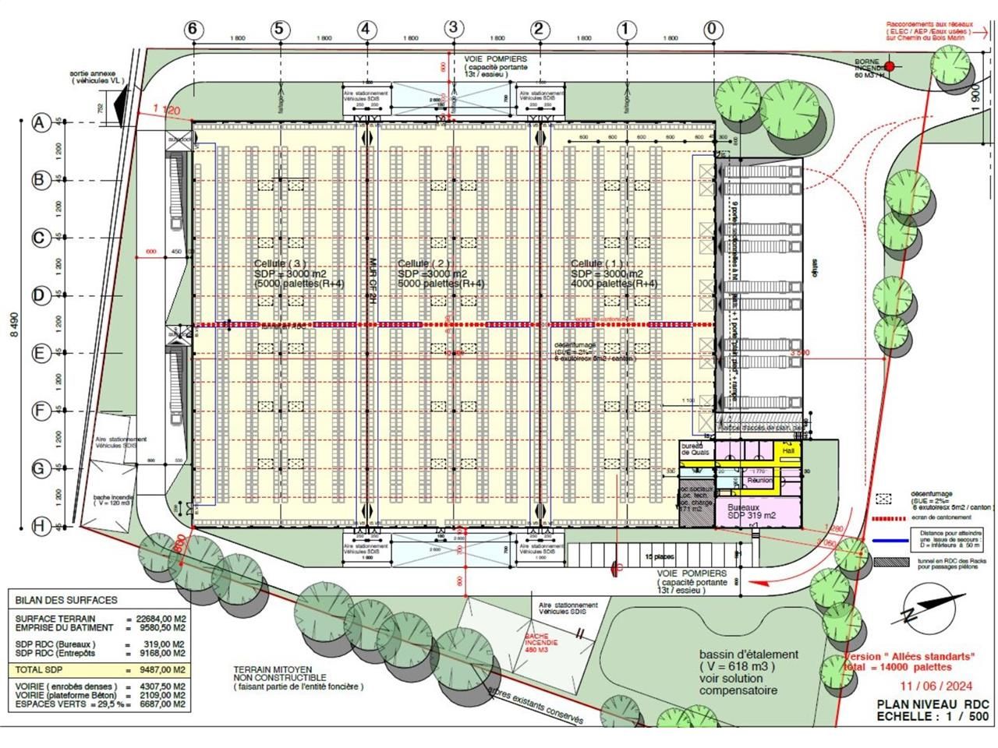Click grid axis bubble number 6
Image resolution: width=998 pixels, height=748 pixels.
pyautogui.click(x=194, y=30)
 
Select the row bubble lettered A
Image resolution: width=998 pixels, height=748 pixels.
pyautogui.click(x=41, y=122)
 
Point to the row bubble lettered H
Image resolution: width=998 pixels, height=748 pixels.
pyautogui.click(x=41, y=526)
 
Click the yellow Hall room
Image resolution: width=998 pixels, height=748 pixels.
pyautogui.click(x=787, y=450)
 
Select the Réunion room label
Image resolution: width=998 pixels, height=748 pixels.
pyautogui.click(x=759, y=481)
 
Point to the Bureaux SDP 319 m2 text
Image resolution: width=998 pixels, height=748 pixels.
pyautogui.click(x=745, y=511)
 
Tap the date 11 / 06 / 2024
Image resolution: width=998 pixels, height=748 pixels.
pyautogui.click(x=932, y=686)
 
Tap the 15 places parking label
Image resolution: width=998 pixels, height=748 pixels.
pyautogui.click(x=658, y=556)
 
